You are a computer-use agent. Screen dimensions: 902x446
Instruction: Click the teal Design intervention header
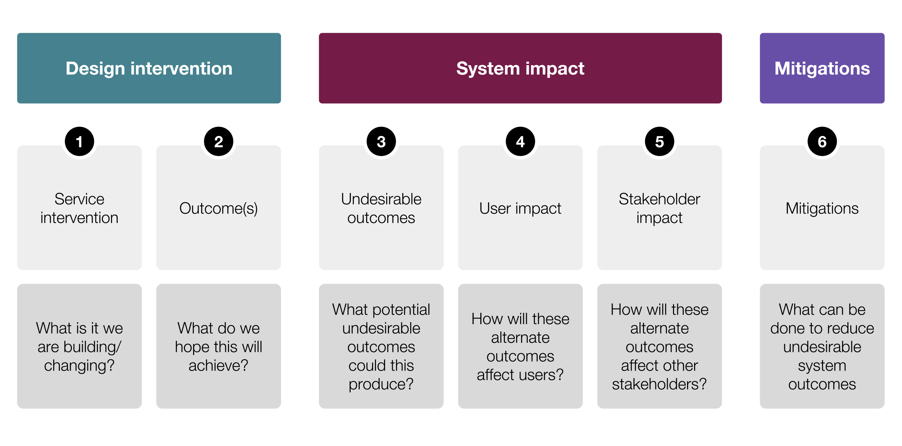(149, 68)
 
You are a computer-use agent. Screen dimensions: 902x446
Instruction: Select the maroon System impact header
(520, 68)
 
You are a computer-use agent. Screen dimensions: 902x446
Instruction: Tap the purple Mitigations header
(822, 68)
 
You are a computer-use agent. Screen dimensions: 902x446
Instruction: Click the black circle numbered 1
(79, 142)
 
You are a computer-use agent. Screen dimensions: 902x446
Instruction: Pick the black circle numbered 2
(218, 142)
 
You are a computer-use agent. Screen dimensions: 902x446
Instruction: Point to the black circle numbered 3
(381, 142)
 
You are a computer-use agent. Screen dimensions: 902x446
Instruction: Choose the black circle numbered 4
(520, 142)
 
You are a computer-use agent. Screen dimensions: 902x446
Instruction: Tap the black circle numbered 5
(660, 142)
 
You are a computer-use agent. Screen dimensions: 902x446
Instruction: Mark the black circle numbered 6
(822, 142)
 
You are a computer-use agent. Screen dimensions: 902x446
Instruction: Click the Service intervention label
(79, 208)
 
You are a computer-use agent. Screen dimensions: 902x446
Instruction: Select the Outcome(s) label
(218, 209)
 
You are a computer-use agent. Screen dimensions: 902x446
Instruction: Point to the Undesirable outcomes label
(381, 208)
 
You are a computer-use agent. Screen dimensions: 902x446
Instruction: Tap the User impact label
(520, 209)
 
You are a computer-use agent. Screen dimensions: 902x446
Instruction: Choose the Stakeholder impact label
(660, 208)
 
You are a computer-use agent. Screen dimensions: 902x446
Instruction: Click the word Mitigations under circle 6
(822, 209)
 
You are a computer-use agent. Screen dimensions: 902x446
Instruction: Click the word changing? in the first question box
(79, 366)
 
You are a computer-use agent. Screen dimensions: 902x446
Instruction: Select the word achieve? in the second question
(218, 365)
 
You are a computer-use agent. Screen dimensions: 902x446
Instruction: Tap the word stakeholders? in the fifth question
(660, 384)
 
